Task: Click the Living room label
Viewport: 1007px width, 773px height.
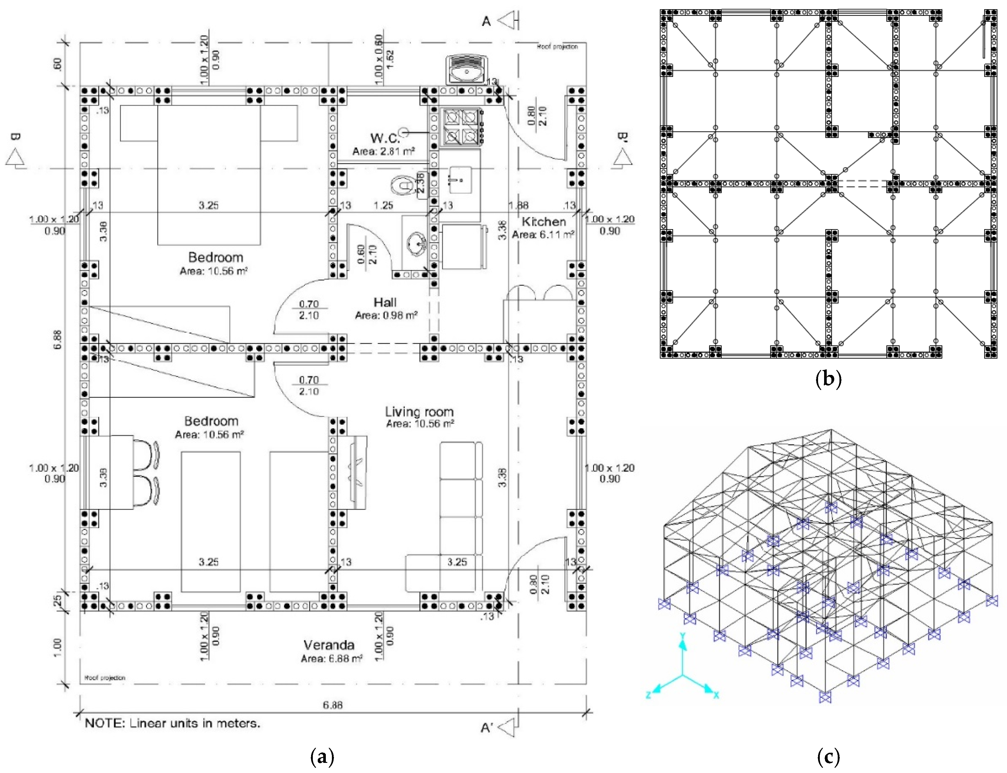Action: pos(419,412)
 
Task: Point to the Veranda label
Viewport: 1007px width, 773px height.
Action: pos(329,645)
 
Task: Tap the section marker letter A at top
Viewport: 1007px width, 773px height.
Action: pos(486,21)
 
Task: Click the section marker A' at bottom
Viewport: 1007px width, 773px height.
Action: pos(487,728)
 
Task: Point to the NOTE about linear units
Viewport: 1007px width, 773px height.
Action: pos(172,723)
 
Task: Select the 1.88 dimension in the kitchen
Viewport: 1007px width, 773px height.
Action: pos(518,205)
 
